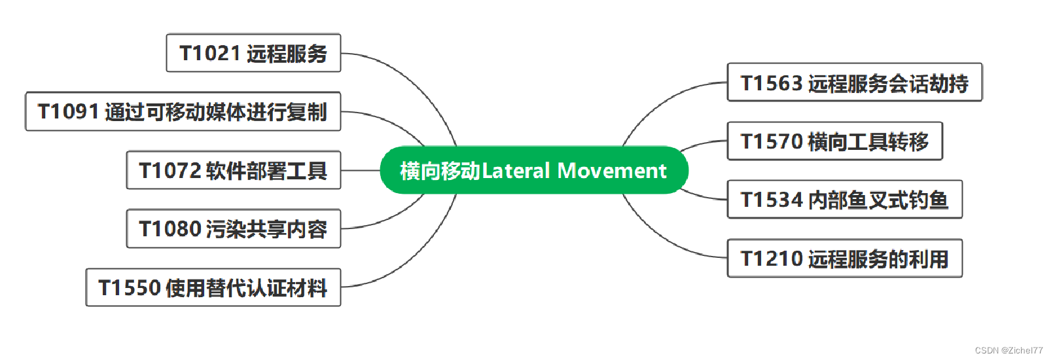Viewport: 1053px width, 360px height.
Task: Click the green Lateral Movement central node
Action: (533, 170)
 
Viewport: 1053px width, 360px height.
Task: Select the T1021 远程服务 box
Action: (253, 53)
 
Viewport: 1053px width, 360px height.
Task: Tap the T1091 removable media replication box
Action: (183, 112)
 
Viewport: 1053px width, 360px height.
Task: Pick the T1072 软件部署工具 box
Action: (233, 171)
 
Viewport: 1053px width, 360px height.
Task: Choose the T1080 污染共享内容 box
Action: (233, 229)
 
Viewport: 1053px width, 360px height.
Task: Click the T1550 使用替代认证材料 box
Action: (213, 287)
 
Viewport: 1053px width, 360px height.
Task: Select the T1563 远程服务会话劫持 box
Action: (854, 82)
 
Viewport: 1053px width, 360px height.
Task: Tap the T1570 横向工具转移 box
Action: (834, 141)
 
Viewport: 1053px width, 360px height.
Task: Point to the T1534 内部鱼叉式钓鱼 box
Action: (844, 200)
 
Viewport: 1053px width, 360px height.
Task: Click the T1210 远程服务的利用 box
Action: (844, 259)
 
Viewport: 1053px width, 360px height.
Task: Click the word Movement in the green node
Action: (612, 171)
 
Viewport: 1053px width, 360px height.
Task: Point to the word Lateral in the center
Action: (516, 171)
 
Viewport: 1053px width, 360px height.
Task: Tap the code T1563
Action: (772, 83)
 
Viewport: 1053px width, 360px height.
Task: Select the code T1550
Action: (130, 288)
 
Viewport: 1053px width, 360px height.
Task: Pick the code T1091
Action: (69, 112)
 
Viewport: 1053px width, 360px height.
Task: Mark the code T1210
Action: (772, 259)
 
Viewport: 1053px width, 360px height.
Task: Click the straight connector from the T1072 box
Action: (360, 170)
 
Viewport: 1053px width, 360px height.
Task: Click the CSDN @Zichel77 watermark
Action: (1008, 350)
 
